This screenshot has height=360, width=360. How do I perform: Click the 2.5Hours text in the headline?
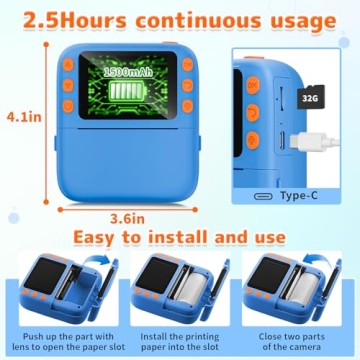pos(68,19)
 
